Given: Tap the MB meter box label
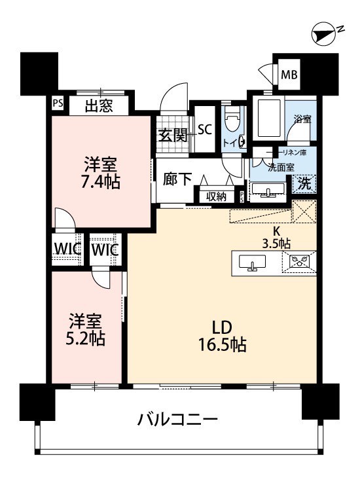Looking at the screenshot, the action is point(289,75).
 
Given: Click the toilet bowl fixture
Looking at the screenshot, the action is point(233,118).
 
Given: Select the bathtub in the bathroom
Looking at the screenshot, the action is point(268,118).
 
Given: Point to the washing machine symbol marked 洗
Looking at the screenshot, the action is point(304,183).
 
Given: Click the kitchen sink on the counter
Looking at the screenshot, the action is point(252,262).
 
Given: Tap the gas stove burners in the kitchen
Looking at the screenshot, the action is point(300,261).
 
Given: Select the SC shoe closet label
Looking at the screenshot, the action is point(205,130).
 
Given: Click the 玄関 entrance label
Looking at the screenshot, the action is point(173,135).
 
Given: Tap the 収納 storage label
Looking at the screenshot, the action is point(216,196).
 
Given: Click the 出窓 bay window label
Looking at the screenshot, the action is point(99,106).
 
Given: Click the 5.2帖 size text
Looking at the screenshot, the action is point(85,338).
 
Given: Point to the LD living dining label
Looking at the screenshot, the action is point(222,327).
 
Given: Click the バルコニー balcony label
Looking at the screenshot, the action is point(177,419).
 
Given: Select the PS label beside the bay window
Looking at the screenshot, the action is point(58,103).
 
